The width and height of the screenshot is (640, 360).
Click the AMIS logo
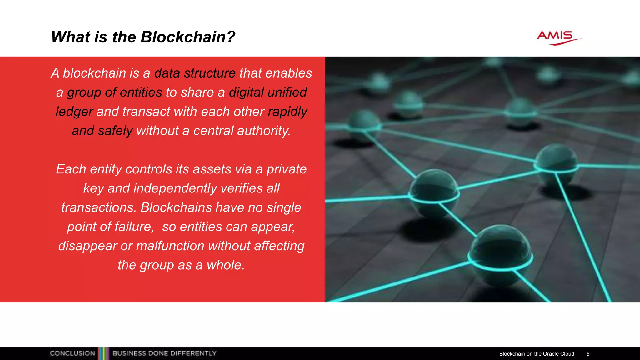559,38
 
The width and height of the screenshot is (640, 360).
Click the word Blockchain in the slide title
183,37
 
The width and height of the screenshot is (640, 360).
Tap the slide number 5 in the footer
588,354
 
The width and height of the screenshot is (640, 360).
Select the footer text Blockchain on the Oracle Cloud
536,354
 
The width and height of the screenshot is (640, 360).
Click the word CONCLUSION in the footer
72,353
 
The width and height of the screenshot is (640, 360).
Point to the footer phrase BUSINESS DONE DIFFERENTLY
164,353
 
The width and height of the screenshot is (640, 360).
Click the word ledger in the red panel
74,112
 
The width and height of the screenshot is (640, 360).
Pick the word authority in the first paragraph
263,131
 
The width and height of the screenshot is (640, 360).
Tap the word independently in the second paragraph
175,188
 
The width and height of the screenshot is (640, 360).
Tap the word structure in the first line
210,73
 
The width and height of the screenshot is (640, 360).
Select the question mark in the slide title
231,37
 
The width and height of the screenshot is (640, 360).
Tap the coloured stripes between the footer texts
104,353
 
